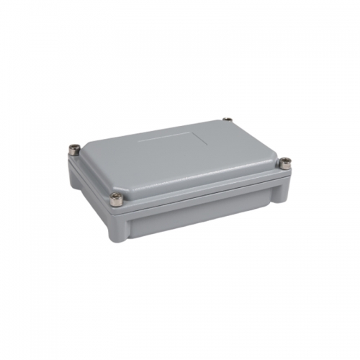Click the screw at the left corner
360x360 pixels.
click(75, 150)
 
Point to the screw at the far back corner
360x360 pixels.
click(228, 120)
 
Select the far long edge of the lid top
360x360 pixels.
click(158, 132)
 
